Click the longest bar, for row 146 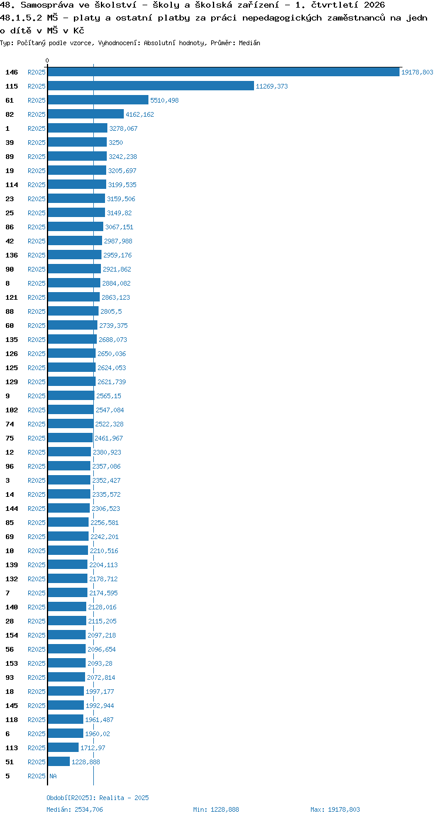coord(224,72)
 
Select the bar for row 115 coord(151,86)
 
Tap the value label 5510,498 coord(164,100)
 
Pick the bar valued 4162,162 coord(86,114)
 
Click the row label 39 coord(9,143)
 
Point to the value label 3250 coord(116,143)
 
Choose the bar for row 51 coord(59,762)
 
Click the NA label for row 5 coord(53,776)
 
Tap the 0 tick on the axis coord(47,60)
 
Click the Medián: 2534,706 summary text coord(75,809)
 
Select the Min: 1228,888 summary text coord(216,809)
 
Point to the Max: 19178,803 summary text coord(335,809)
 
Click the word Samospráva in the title coord(47,5)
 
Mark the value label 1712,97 coord(93,748)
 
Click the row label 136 coord(11,255)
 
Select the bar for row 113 coord(63,748)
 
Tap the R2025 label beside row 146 coord(36,72)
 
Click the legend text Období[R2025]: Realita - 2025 coord(97,798)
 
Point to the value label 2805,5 coord(111,311)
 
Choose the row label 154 coord(11,635)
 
